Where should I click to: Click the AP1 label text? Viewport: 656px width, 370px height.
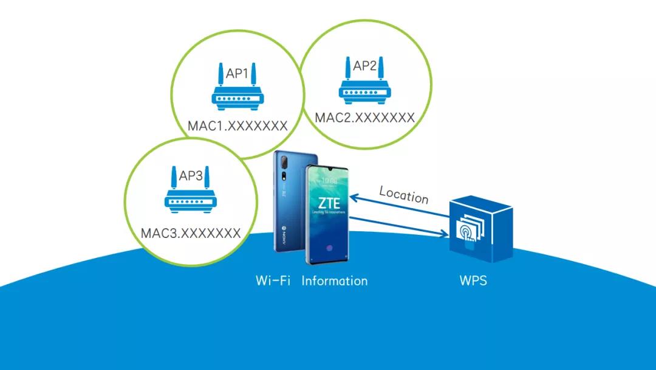(x=237, y=74)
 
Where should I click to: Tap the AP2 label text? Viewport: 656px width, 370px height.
(x=365, y=66)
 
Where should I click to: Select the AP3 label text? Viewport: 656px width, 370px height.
(x=191, y=176)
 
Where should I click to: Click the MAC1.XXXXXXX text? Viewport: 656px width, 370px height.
(x=237, y=126)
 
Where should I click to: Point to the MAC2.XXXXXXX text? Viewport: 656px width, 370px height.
(x=364, y=117)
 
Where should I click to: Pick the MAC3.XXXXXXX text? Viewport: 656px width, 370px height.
(x=191, y=232)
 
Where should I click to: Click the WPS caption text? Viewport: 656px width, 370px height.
(x=473, y=281)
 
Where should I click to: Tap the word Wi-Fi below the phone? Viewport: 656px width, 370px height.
(x=273, y=281)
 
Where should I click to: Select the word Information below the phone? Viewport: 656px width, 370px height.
(x=335, y=281)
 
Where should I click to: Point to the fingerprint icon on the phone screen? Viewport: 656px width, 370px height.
(x=329, y=249)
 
